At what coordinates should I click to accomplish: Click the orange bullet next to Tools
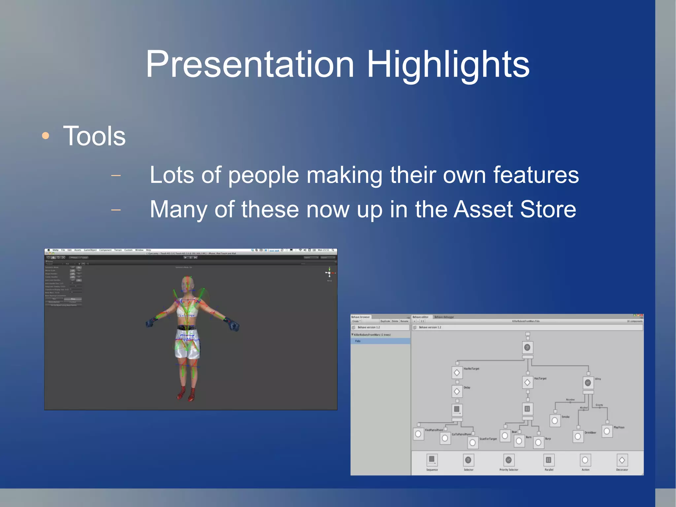click(46, 136)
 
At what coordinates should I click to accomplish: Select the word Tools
click(94, 136)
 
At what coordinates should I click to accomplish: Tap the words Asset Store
click(515, 209)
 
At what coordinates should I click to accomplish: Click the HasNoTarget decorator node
click(457, 373)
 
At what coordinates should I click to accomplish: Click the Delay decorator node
click(457, 391)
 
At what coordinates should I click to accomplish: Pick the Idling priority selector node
click(588, 382)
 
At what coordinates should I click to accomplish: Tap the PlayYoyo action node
click(607, 431)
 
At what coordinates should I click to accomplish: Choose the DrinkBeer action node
click(578, 436)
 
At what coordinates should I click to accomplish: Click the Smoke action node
click(555, 420)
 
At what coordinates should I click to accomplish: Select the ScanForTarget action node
click(473, 443)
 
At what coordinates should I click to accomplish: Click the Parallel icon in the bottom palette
click(549, 460)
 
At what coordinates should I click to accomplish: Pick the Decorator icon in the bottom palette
click(622, 460)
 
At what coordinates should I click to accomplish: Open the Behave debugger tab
click(444, 317)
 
